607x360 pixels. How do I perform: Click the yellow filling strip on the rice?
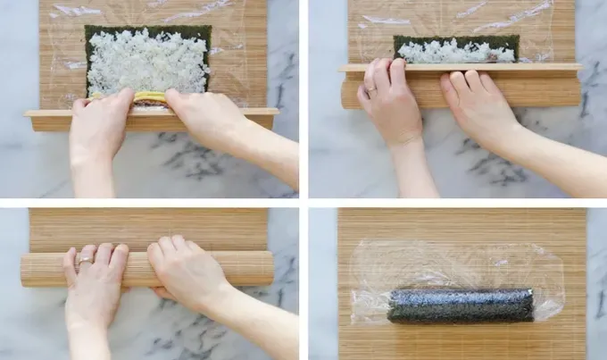150,96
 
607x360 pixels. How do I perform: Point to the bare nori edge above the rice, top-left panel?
147,29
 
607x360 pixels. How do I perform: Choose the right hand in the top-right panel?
478,107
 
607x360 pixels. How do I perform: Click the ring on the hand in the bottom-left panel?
83,261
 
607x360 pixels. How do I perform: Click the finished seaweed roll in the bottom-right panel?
460,305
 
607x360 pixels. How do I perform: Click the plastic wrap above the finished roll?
455,264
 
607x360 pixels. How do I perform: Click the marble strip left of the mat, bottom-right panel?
322,286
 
